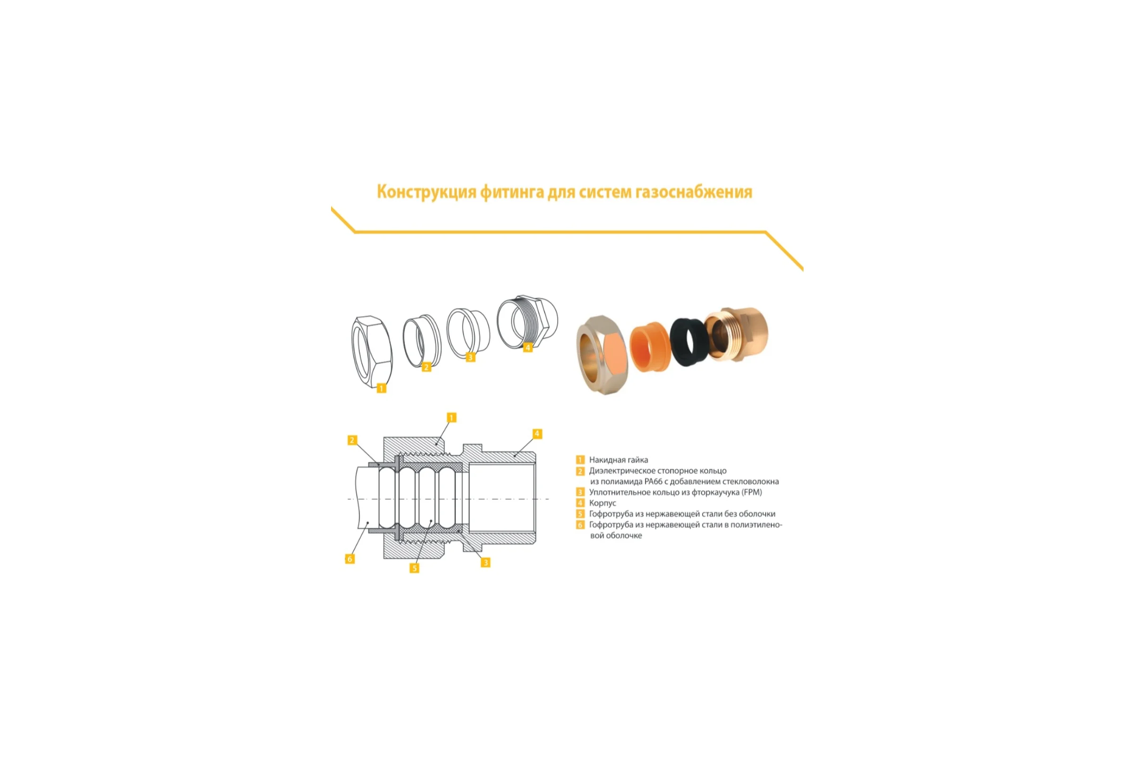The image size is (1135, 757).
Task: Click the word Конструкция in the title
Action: pyautogui.click(x=427, y=192)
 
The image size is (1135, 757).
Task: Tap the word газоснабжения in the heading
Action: pyautogui.click(x=694, y=192)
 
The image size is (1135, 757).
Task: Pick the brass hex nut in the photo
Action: pyautogui.click(x=602, y=355)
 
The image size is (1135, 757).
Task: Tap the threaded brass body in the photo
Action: pyautogui.click(x=736, y=333)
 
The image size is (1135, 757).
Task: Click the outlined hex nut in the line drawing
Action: pyautogui.click(x=372, y=352)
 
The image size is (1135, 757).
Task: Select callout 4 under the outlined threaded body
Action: pyautogui.click(x=527, y=348)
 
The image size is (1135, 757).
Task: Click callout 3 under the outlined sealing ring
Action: pyautogui.click(x=471, y=358)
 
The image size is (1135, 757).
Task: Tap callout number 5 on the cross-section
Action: pyautogui.click(x=414, y=568)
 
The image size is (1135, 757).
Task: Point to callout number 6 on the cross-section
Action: pyautogui.click(x=350, y=559)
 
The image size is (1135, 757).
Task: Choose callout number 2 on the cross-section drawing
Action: pyautogui.click(x=352, y=440)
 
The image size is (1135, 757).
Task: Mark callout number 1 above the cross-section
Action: pyautogui.click(x=452, y=418)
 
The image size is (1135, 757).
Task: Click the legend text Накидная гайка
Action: pyautogui.click(x=618, y=460)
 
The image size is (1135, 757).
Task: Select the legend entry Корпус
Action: pyautogui.click(x=602, y=503)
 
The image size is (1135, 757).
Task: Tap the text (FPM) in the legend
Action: pyautogui.click(x=752, y=493)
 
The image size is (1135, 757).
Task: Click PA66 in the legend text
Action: pyautogui.click(x=654, y=481)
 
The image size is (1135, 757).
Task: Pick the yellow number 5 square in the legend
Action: pyautogui.click(x=581, y=514)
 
